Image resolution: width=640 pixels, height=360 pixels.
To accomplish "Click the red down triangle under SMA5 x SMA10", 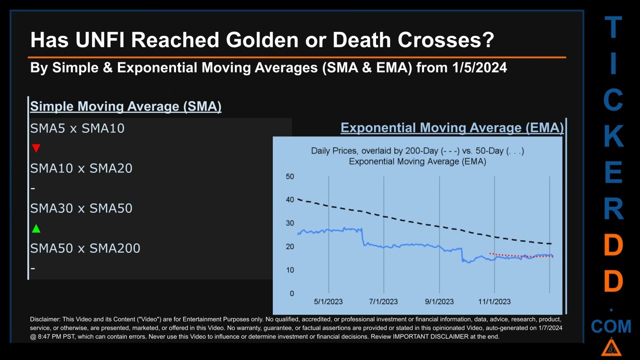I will pos(36,148).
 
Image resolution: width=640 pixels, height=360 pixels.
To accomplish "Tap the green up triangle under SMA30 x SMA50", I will pos(36,228).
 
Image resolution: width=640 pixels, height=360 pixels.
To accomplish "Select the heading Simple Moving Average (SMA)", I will pos(125,106).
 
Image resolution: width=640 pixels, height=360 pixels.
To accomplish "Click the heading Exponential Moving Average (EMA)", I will pos(452,128).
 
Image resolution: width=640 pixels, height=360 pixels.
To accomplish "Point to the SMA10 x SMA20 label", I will pos(81,168).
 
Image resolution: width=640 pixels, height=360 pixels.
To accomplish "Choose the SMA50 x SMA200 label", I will pos(85,248).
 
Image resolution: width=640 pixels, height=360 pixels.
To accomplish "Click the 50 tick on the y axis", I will pos(290,176).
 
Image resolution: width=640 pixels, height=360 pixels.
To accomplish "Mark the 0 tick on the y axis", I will pos(292,293).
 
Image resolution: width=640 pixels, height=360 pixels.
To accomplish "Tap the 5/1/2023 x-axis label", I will pos(328,301).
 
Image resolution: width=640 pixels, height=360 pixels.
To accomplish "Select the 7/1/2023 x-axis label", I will pos(383,301).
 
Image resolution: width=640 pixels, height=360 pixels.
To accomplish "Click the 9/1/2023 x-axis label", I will pos(439,301).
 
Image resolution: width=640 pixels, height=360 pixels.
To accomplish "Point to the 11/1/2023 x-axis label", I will pos(494,301).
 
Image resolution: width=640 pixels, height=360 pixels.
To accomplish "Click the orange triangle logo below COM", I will pos(611,347).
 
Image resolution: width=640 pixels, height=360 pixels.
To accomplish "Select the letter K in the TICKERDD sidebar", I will pos(613,136).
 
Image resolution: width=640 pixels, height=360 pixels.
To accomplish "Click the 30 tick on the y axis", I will pos(290,223).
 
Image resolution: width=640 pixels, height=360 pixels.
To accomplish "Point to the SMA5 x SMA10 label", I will pos(77,128).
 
